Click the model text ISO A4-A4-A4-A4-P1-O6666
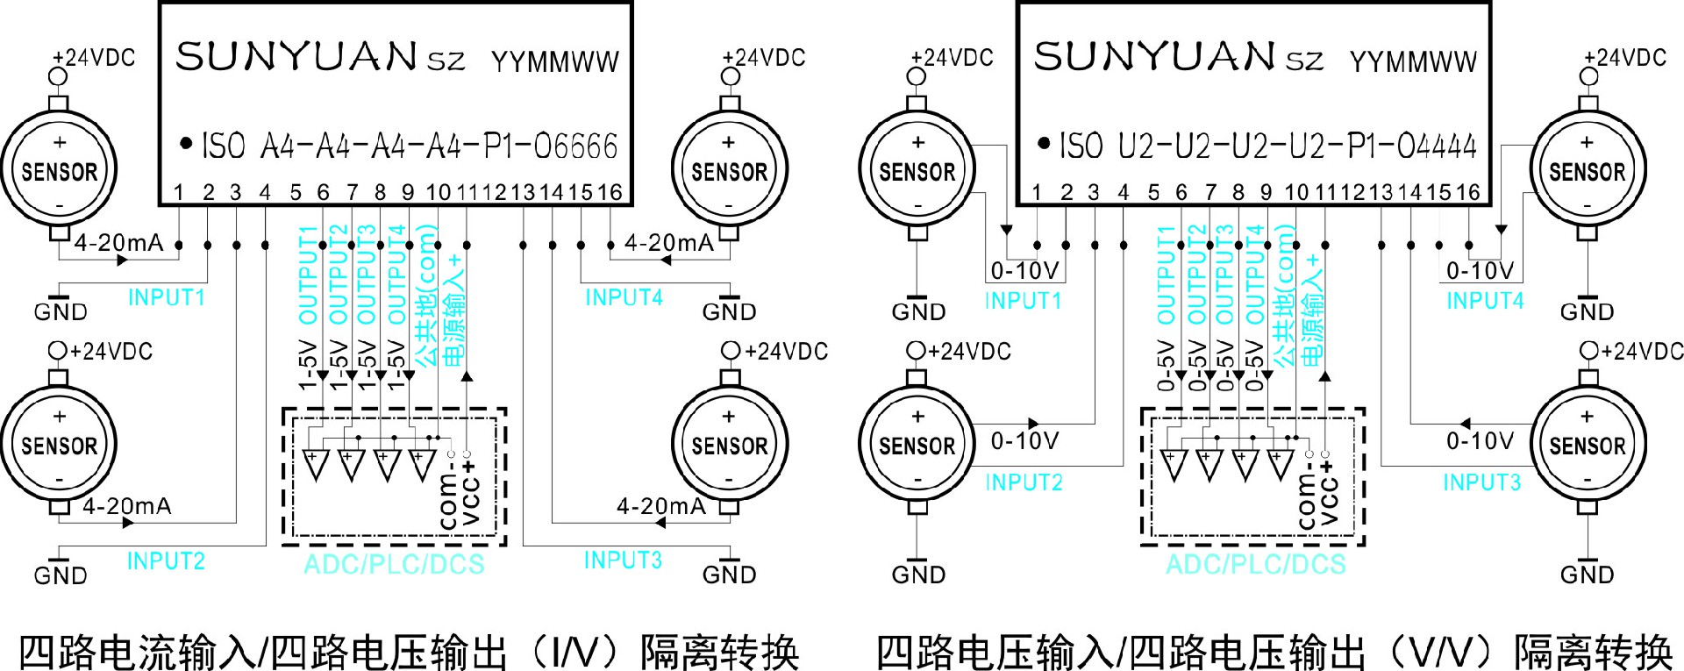pyautogui.click(x=410, y=146)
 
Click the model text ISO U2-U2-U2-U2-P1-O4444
pyautogui.click(x=1268, y=146)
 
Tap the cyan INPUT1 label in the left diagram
pyautogui.click(x=167, y=298)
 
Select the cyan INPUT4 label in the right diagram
pyautogui.click(x=1485, y=301)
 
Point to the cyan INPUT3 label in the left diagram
pyautogui.click(x=623, y=560)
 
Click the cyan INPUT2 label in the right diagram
pyautogui.click(x=1024, y=482)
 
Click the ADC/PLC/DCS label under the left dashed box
pyautogui.click(x=394, y=564)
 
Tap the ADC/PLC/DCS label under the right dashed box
pyautogui.click(x=1255, y=564)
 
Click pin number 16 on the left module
pyautogui.click(x=610, y=192)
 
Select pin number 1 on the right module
pyautogui.click(x=1037, y=192)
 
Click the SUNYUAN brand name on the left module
pyautogui.click(x=296, y=57)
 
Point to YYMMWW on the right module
pyautogui.click(x=1413, y=61)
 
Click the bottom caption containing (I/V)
pyautogui.click(x=409, y=653)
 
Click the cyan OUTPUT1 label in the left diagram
pyautogui.click(x=308, y=275)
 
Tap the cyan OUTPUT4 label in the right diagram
pyautogui.click(x=1255, y=275)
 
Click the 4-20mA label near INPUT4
pyautogui.click(x=668, y=243)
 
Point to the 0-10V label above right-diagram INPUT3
pyautogui.click(x=1480, y=440)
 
